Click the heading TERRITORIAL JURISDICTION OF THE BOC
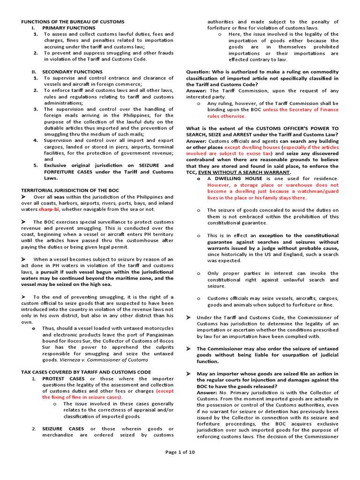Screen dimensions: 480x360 70,190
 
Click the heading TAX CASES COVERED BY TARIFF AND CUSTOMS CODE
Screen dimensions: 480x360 86,372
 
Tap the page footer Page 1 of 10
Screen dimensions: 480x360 180,452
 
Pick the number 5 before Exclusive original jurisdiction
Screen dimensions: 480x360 35,165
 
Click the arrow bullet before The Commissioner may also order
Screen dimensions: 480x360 188,349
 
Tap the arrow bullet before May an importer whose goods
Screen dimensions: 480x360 188,374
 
